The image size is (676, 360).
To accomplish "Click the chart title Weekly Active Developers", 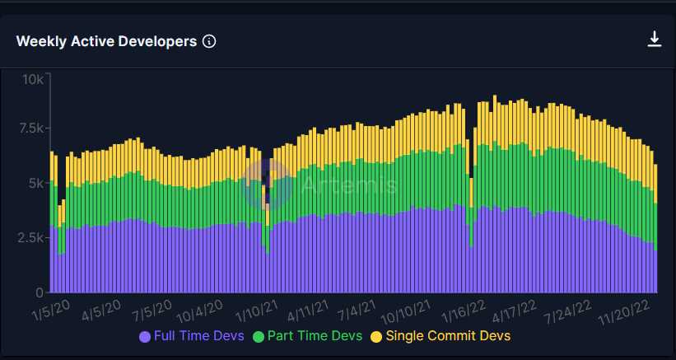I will pos(106,41).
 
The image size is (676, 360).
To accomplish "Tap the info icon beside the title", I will pos(209,41).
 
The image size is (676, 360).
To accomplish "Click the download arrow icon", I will pos(655,39).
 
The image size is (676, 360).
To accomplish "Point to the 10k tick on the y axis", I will pos(33,79).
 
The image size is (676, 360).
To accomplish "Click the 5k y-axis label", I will pos(36,183).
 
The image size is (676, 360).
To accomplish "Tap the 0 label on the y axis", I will pos(40,292).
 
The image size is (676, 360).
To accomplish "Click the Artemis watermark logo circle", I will pos(266,183).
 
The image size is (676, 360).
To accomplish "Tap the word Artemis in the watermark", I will pos(347,184).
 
